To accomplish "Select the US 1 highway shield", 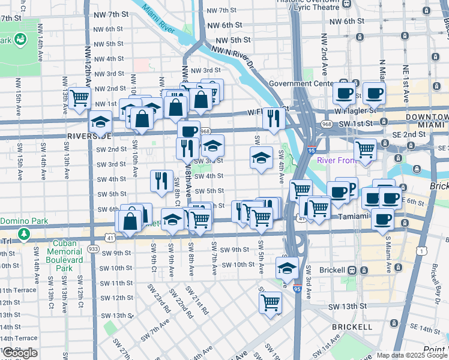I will click(x=424, y=248).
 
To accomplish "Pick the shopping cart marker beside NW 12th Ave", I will click(x=79, y=98).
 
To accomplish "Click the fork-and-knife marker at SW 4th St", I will click(x=161, y=180).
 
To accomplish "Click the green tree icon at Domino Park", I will click(x=23, y=233).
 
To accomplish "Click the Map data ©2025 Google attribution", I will click(x=412, y=355).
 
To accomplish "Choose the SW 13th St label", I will click(x=348, y=306).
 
